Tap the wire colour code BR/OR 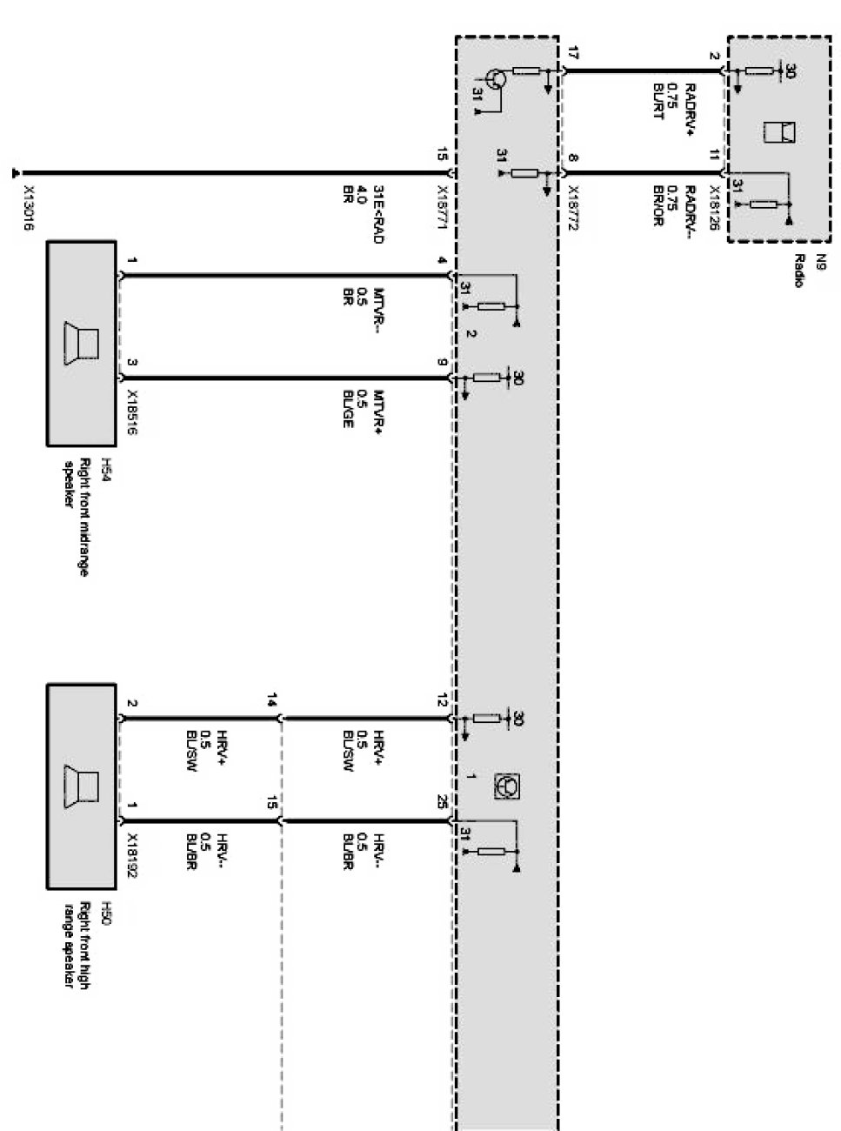(657, 207)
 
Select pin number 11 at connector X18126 (714, 156)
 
